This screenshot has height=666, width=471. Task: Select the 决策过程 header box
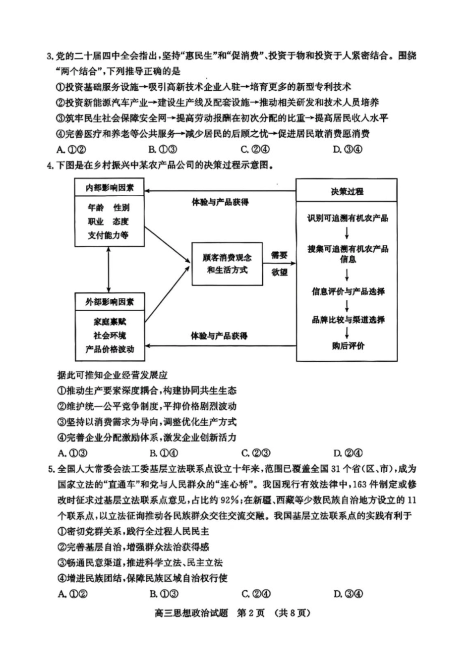[x=347, y=191]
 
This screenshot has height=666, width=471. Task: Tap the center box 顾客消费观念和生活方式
[x=227, y=264]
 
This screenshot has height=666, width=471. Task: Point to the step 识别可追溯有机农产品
[x=347, y=218]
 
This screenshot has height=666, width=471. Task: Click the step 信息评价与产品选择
[x=347, y=291]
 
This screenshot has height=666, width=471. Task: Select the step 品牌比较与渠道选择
[x=347, y=320]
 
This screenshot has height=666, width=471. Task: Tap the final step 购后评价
[x=347, y=345]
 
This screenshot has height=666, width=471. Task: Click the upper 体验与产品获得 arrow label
[x=220, y=202]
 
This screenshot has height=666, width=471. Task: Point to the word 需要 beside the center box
[x=279, y=255]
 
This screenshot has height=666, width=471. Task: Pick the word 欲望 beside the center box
[x=279, y=272]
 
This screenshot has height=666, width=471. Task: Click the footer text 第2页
[x=252, y=613]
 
